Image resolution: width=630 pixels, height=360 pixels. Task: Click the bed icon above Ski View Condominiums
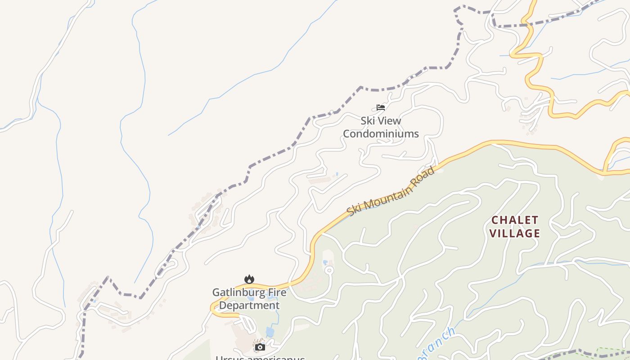click(x=381, y=108)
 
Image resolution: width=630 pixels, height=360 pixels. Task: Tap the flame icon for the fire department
click(x=249, y=279)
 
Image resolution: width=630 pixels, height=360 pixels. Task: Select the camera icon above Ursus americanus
click(x=260, y=347)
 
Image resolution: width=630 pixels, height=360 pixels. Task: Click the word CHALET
click(x=515, y=220)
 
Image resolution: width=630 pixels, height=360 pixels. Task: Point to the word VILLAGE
click(x=515, y=233)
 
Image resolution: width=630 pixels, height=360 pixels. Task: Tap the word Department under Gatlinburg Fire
click(x=249, y=306)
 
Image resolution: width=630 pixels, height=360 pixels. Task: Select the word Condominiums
click(x=381, y=134)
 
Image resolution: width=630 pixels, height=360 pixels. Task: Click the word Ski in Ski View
click(x=368, y=121)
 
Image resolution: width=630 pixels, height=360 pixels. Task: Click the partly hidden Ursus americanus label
click(x=260, y=358)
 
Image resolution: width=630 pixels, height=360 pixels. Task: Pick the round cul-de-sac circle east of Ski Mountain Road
click(x=329, y=270)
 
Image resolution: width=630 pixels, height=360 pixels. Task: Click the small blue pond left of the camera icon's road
click(x=270, y=332)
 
